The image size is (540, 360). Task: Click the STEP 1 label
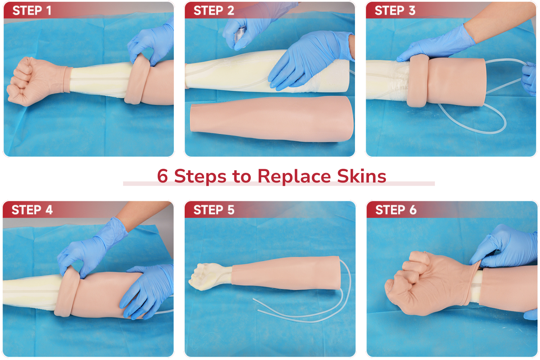click(32, 11)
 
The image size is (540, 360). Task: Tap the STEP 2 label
click(213, 11)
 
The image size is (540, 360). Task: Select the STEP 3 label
click(395, 11)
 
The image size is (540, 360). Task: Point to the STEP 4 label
click(32, 210)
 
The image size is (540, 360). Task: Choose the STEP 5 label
click(213, 210)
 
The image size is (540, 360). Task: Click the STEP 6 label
click(396, 210)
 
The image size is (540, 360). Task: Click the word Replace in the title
click(294, 176)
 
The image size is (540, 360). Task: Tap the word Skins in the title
click(361, 176)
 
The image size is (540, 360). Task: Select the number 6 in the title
click(162, 176)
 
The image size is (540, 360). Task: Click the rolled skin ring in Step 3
click(418, 81)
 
